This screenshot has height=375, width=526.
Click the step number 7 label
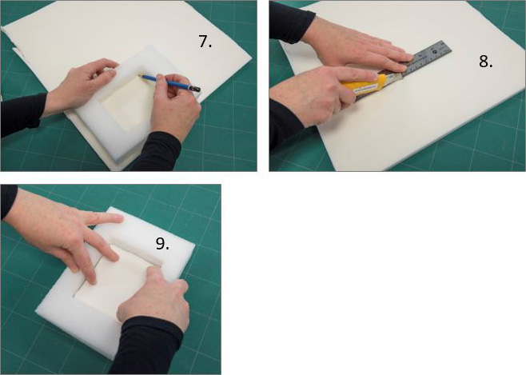point(205,42)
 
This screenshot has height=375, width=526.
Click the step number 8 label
point(486,62)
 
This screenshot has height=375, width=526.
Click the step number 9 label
point(162,243)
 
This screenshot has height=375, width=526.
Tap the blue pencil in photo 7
point(169,82)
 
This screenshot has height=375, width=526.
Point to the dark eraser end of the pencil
point(196,90)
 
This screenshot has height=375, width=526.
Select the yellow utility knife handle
point(365,88)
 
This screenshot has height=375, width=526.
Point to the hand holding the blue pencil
point(174,104)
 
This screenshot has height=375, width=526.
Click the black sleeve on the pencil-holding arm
point(156,151)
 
